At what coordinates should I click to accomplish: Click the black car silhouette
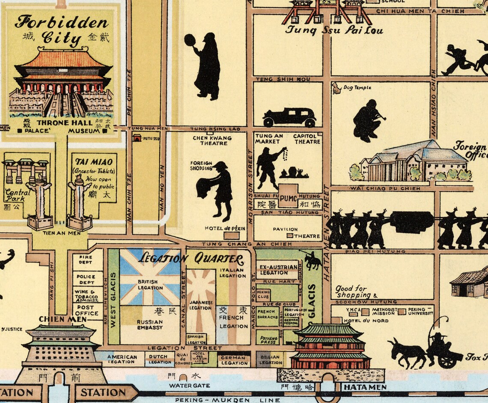(289, 117)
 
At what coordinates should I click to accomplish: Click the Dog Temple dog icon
(336, 88)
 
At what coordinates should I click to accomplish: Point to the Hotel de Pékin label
(225, 228)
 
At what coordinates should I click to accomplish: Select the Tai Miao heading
(94, 162)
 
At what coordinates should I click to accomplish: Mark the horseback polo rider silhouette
(313, 260)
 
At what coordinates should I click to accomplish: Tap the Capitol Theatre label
(307, 139)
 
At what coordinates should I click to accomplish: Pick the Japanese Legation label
(200, 305)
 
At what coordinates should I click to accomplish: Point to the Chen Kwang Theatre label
(212, 140)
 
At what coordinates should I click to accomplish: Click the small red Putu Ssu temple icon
(137, 138)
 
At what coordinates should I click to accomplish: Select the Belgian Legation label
(271, 360)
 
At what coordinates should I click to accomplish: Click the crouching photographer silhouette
(367, 120)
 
